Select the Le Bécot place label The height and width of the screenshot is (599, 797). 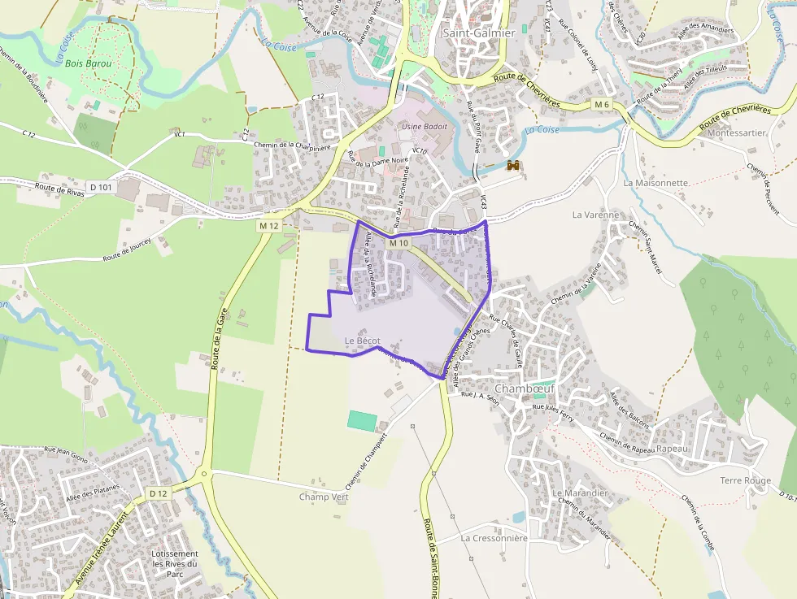362,340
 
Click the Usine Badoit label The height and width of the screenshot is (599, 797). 425,127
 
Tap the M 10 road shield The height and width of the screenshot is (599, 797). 398,243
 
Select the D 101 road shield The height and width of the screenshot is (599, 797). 101,187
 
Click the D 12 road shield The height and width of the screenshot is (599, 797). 158,493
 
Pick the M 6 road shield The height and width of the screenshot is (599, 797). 601,104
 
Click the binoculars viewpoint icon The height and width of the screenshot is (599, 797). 513,166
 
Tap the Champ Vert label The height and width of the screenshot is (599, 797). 324,497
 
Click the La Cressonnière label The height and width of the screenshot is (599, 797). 494,537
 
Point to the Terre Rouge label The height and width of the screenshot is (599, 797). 745,480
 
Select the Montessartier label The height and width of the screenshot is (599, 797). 737,132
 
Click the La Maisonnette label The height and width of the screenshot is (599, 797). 655,183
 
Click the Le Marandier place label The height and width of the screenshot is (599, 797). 580,493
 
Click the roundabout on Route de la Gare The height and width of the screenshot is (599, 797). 204,474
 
